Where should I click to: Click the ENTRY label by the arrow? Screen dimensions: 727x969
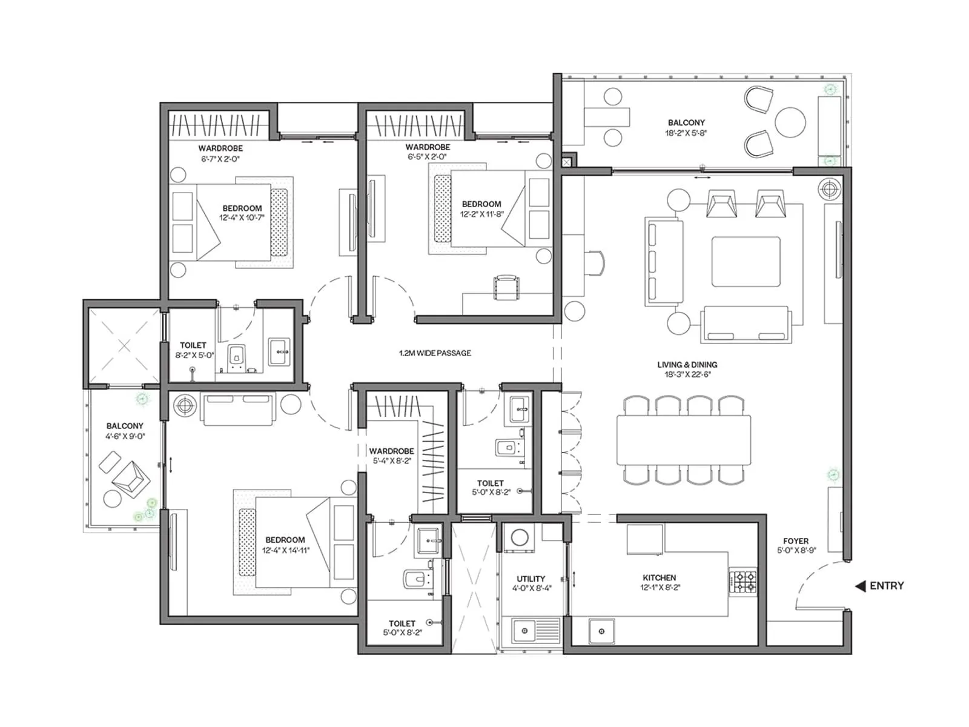887,586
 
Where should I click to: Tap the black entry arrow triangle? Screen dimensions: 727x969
860,586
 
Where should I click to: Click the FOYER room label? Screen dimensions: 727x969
796,541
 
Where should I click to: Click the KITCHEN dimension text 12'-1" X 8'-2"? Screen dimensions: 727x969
660,587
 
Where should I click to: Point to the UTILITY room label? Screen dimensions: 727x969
531,579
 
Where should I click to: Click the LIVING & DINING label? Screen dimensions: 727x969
687,365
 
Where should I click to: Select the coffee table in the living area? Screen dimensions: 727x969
746,262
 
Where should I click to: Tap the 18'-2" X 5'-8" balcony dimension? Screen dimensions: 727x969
686,133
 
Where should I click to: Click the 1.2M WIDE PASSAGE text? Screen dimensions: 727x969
435,353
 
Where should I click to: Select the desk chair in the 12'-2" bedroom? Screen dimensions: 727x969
506,287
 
